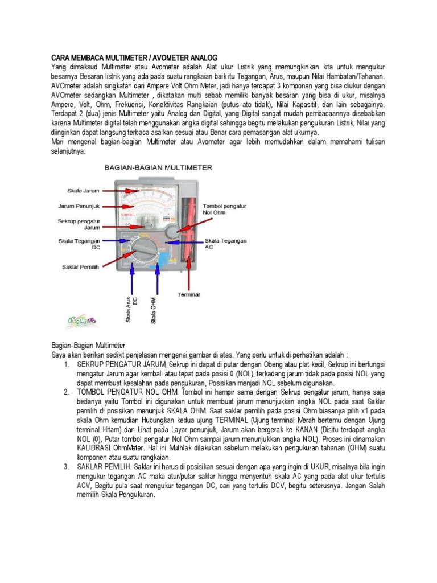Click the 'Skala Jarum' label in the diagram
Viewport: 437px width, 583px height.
83,191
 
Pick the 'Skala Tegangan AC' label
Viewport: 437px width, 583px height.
225,244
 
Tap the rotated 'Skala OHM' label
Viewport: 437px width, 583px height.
154,311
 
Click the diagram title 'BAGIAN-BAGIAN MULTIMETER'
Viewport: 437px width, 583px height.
158,168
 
